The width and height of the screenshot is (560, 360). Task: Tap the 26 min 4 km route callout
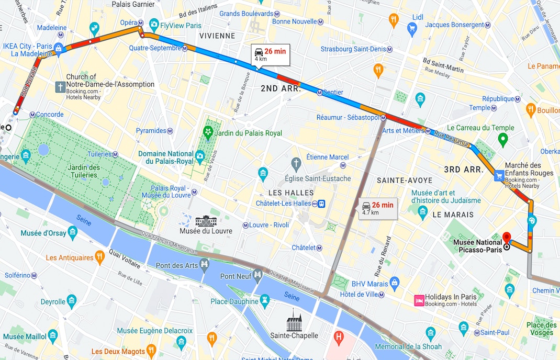(x=270, y=54)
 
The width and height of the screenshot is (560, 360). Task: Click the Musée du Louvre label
(x=206, y=231)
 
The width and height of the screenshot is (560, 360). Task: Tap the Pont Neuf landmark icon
(x=257, y=275)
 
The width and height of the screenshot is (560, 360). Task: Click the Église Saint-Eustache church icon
(x=296, y=164)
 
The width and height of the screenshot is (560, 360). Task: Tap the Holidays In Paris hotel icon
(x=419, y=300)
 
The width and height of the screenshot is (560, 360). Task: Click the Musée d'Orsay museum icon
(x=72, y=232)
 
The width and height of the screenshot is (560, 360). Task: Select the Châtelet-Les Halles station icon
(x=323, y=204)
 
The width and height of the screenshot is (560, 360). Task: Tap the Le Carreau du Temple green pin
(x=502, y=140)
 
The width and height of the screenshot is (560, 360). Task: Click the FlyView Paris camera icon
(x=154, y=25)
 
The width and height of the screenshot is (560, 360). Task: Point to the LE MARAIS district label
(x=453, y=215)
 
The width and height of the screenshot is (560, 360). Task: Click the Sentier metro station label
(x=333, y=92)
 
